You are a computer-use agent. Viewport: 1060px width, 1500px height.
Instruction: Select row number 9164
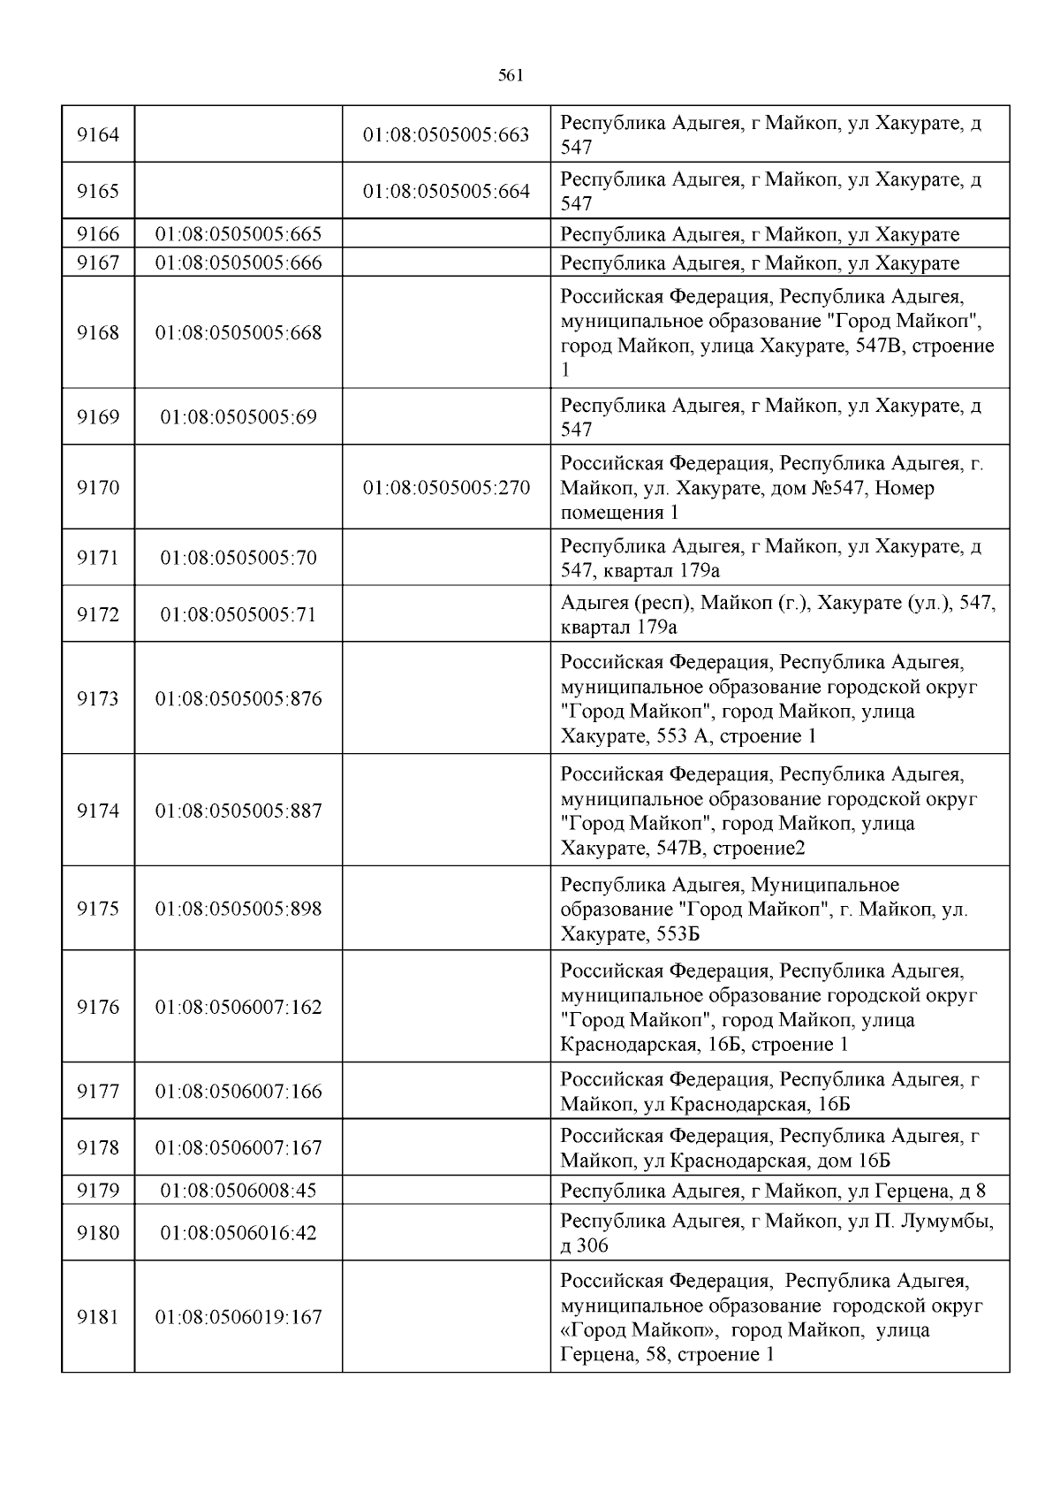point(98,134)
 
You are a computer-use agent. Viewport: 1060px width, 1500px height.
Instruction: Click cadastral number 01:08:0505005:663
point(446,134)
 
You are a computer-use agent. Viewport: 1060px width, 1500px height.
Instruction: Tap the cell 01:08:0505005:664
point(446,191)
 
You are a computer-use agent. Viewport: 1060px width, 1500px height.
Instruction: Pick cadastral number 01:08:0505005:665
point(238,234)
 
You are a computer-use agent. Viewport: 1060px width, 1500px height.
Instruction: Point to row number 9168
point(98,333)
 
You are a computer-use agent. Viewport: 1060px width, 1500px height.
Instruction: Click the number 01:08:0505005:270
point(446,488)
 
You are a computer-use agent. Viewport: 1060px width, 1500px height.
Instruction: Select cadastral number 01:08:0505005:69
point(238,416)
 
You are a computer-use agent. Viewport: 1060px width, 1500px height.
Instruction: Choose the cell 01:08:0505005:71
point(238,614)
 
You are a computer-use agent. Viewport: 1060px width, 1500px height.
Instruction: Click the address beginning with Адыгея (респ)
point(777,615)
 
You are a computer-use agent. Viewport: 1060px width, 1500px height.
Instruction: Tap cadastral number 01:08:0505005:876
point(238,699)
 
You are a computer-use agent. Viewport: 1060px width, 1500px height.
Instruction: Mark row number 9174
point(98,811)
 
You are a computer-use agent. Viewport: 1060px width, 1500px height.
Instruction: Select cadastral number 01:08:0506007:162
point(238,1007)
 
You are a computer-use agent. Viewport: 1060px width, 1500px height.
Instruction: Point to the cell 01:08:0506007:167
point(238,1147)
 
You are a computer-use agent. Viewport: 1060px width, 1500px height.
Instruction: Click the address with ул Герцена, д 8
point(773,1191)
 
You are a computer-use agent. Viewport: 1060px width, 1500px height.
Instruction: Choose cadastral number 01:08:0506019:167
point(238,1317)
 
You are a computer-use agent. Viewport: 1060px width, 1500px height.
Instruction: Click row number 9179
point(98,1190)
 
